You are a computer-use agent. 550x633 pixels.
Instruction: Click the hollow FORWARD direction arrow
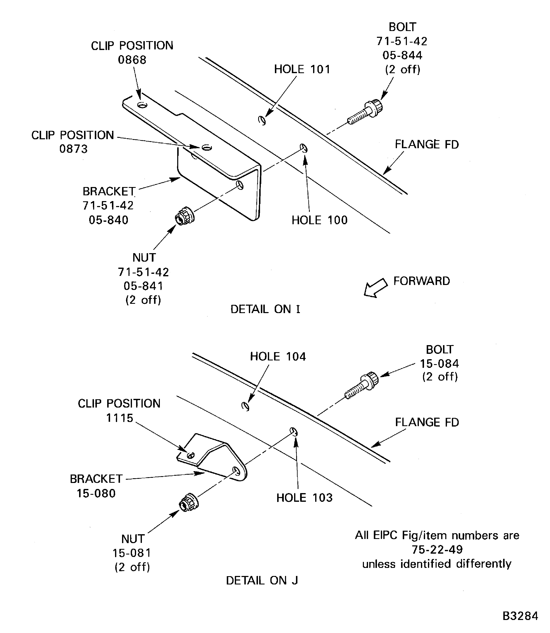click(375, 288)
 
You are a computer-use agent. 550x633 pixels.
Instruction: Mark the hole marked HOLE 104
click(245, 406)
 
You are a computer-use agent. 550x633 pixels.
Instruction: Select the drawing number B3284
click(520, 616)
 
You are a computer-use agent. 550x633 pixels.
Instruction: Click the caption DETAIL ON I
click(265, 309)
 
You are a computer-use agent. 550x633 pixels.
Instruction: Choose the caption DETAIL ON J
click(262, 580)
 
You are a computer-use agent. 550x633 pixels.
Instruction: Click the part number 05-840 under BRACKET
click(108, 220)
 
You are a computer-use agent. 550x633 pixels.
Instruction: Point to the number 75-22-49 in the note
click(437, 549)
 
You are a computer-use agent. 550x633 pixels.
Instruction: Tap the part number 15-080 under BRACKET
click(96, 493)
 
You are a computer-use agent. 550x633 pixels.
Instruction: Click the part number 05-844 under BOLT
click(402, 55)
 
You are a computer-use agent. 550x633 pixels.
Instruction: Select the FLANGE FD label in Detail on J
click(427, 422)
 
